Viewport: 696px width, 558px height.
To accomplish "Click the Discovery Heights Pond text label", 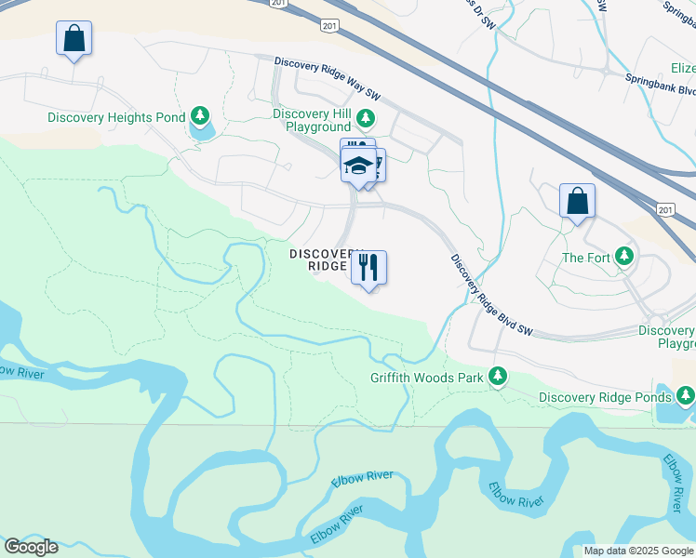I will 116,118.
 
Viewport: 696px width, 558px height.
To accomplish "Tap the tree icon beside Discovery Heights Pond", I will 199,115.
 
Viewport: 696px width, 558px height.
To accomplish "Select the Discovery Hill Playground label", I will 312,119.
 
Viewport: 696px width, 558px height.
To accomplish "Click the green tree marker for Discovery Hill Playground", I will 367,117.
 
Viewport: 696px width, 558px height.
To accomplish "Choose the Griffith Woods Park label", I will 427,378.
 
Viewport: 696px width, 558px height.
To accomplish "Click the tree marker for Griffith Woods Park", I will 500,375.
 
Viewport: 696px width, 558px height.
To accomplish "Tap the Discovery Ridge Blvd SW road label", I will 490,295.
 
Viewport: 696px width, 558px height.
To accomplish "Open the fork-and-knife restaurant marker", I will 368,268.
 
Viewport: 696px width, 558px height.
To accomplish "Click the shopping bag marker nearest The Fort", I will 577,201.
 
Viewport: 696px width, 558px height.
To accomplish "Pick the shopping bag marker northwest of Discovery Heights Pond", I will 74,39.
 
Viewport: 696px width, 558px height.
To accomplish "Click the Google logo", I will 31,547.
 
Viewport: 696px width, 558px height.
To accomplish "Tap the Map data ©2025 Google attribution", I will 638,551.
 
